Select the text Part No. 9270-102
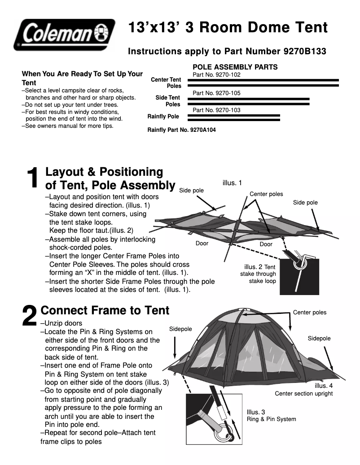pyautogui.click(x=216, y=75)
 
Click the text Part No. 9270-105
pyautogui.click(x=216, y=93)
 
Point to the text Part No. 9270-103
pyautogui.click(x=216, y=110)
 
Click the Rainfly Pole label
pyautogui.click(x=163, y=117)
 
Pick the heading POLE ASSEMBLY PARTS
pyautogui.click(x=235, y=67)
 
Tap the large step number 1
pyautogui.click(x=33, y=178)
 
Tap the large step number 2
pyautogui.click(x=30, y=316)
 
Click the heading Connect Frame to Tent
pyautogui.click(x=105, y=310)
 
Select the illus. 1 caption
pyautogui.click(x=232, y=183)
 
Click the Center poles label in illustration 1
pyautogui.click(x=266, y=194)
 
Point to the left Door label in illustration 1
pyautogui.click(x=202, y=243)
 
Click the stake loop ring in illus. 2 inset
pyautogui.click(x=298, y=264)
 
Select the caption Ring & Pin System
pyautogui.click(x=271, y=419)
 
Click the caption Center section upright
pyautogui.click(x=304, y=394)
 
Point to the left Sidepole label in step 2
pyautogui.click(x=180, y=329)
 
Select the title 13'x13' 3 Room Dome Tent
pyautogui.click(x=228, y=28)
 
